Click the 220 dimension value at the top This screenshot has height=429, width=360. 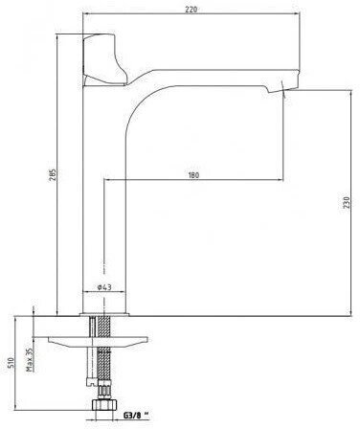[x=191, y=10]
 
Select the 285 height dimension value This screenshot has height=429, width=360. [x=53, y=174]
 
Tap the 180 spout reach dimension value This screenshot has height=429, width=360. [x=193, y=175]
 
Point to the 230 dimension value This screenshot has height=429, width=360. [x=347, y=203]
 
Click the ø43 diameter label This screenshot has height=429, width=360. [x=104, y=287]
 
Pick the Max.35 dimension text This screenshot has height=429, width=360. [x=30, y=360]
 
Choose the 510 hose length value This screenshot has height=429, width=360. [x=11, y=362]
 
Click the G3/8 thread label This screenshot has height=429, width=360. [x=132, y=416]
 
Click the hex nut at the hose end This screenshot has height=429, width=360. [x=104, y=404]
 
